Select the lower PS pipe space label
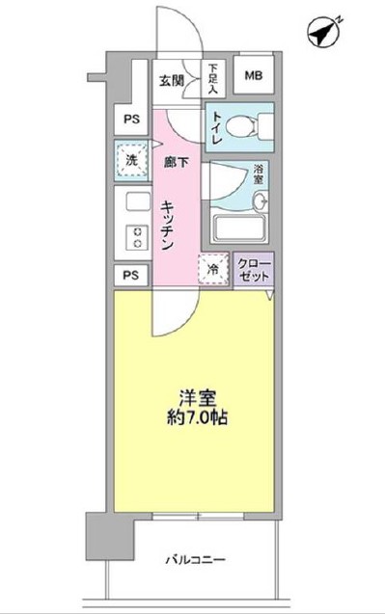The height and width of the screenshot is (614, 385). click(x=129, y=276)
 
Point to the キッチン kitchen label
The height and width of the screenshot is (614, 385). click(x=167, y=224)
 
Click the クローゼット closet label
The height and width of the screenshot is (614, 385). click(x=254, y=270)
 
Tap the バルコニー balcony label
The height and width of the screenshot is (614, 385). click(x=196, y=558)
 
